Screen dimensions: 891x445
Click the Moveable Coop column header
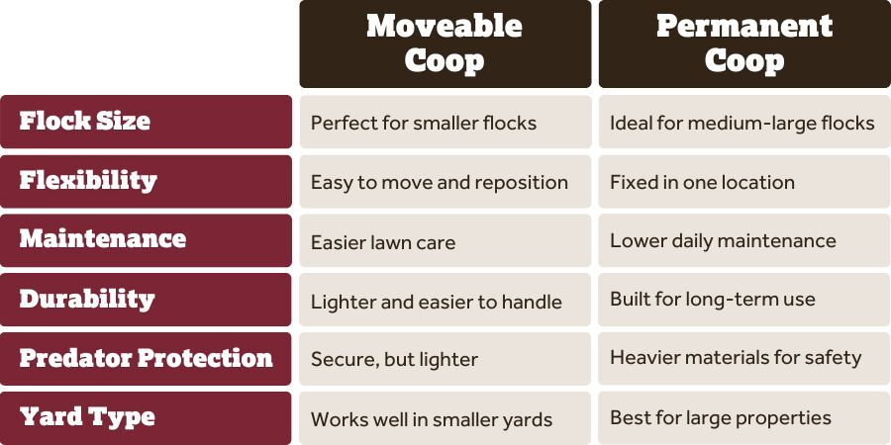pos(445,44)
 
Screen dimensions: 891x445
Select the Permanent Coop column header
pos(744,44)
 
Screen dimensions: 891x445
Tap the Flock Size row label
pos(146,122)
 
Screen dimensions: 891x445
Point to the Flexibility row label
pos(146,181)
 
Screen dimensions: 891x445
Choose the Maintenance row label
pos(146,240)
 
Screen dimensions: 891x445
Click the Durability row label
pos(146,300)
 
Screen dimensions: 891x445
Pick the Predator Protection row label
pos(146,359)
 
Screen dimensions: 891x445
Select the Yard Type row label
pos(146,418)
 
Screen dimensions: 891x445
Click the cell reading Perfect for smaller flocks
pos(445,122)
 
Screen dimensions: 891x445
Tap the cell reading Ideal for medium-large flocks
pos(744,122)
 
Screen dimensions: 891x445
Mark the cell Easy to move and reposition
pos(445,181)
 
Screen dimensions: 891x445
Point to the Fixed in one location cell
pos(744,181)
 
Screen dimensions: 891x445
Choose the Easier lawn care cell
pos(445,240)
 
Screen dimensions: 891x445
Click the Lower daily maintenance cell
pos(744,240)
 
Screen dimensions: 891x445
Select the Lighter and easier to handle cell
pos(445,300)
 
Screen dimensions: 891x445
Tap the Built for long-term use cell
pos(744,300)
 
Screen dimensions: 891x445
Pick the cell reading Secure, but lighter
pos(445,359)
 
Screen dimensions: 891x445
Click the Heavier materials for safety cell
pos(744,359)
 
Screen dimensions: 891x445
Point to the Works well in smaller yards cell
pos(445,418)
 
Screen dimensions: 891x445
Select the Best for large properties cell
pos(744,418)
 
